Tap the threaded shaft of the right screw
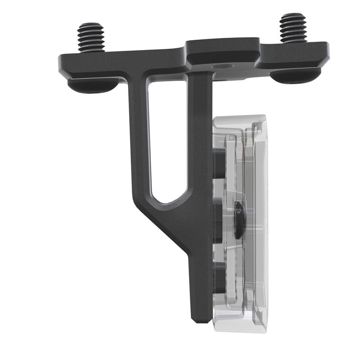(292, 28)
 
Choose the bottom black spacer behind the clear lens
(220, 279)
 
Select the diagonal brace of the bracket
(166, 225)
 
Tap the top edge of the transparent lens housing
(238, 118)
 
